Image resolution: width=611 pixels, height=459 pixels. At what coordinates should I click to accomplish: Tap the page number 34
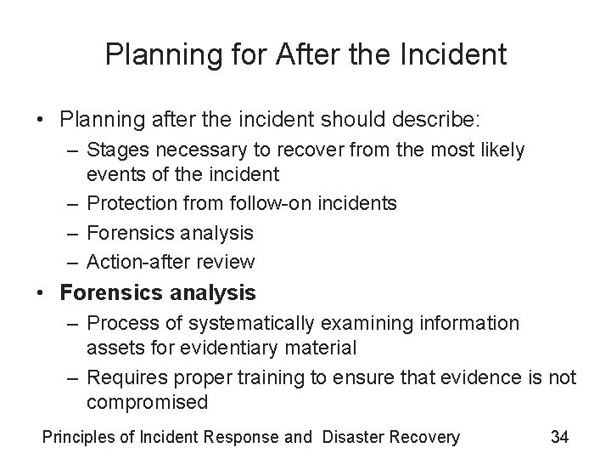tap(559, 438)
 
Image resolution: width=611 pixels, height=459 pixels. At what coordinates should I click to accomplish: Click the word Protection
tap(129, 204)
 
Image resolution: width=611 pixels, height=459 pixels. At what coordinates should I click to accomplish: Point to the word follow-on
tap(258, 204)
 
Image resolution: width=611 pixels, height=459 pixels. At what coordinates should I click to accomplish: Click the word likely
tap(502, 150)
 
